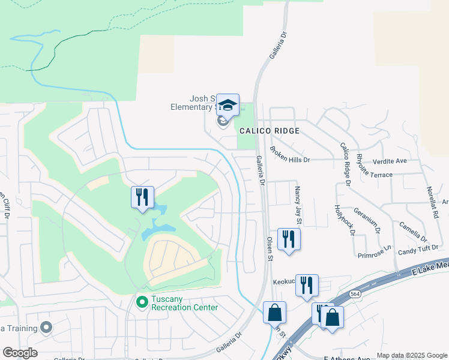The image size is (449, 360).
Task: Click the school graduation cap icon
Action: tap(228, 106)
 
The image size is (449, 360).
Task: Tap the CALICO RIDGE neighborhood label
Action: tap(269, 130)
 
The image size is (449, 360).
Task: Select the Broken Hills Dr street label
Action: tap(289, 155)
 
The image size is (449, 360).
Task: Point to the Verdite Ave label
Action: tap(390, 161)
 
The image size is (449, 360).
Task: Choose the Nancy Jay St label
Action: tap(297, 205)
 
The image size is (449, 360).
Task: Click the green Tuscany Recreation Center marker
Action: tap(142, 301)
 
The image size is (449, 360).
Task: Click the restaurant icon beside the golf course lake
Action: tap(143, 197)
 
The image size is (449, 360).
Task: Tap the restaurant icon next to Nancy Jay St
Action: tap(289, 239)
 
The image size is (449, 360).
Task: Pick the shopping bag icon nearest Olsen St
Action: tap(274, 312)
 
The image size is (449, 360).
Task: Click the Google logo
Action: tap(20, 353)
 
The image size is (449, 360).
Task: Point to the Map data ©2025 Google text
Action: tap(411, 355)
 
